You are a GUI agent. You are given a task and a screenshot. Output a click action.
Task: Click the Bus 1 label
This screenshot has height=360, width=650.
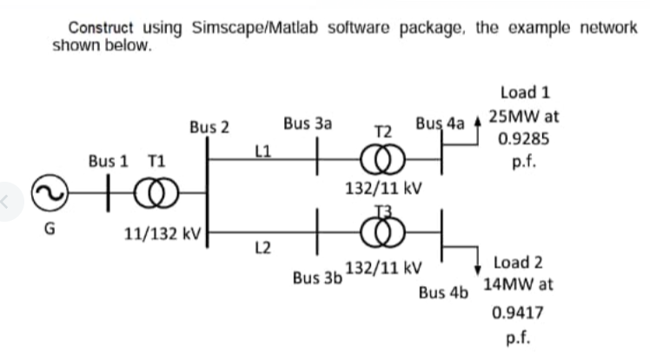point(109,162)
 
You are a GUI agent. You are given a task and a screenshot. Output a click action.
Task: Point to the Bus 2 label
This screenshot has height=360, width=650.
point(209,127)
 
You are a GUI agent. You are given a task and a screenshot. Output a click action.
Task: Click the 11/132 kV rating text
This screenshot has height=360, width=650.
point(164,234)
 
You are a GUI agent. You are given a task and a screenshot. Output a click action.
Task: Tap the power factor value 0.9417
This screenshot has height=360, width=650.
point(514,310)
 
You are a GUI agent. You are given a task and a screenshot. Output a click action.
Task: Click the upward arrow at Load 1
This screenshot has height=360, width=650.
point(477,126)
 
